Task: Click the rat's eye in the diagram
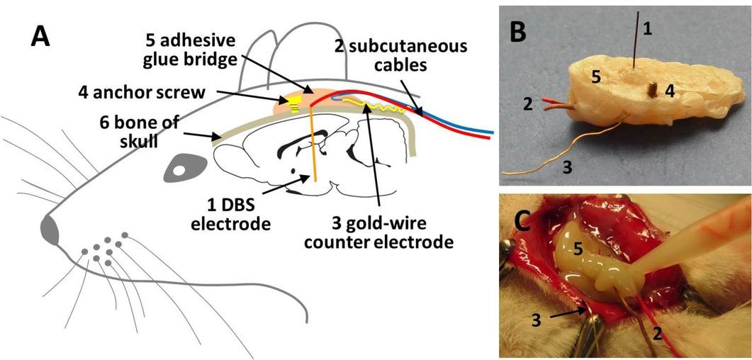184,171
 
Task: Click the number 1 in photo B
646,29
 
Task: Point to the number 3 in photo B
567,167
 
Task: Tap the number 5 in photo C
578,247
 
